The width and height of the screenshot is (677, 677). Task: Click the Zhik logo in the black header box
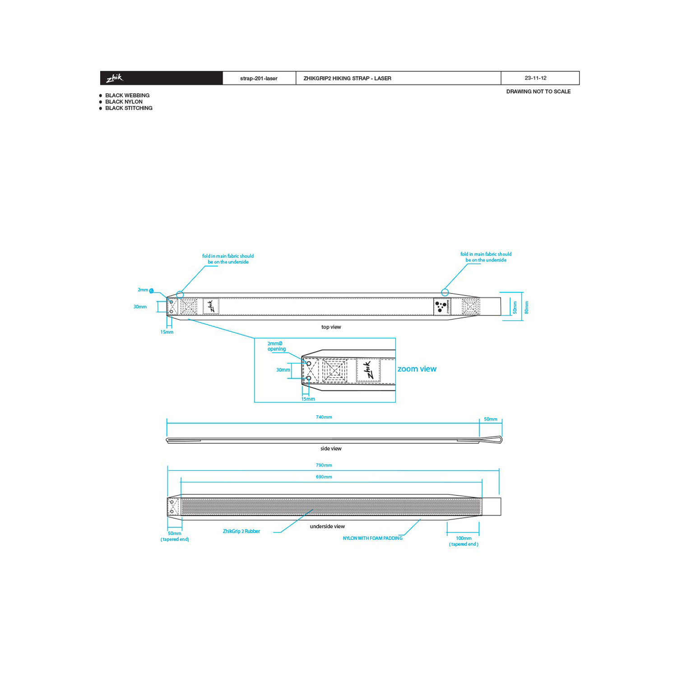(x=115, y=78)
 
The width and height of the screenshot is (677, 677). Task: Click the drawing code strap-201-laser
(x=259, y=79)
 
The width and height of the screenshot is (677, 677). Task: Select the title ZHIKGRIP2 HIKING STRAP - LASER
(x=347, y=79)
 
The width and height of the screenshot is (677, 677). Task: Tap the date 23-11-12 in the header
(x=535, y=78)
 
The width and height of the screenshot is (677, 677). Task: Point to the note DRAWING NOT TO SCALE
(x=538, y=92)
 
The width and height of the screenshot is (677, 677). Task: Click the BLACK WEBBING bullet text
(x=127, y=96)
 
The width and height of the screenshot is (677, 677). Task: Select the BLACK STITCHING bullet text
(x=129, y=108)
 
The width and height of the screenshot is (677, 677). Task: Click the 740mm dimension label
(x=324, y=417)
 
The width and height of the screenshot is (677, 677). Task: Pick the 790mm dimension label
(x=324, y=465)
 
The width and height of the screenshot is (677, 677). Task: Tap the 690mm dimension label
(x=324, y=477)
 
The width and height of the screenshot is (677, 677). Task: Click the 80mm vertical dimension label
(x=527, y=308)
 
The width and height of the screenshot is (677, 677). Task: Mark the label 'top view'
(x=331, y=327)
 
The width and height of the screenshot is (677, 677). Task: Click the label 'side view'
(x=331, y=449)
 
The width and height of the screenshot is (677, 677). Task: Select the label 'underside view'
(x=327, y=527)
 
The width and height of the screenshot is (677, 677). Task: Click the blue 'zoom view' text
(x=417, y=369)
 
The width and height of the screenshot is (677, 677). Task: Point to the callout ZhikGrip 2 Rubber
(x=241, y=532)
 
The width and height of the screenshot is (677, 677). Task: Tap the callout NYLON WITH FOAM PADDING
(x=373, y=538)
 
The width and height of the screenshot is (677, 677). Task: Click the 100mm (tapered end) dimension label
(x=464, y=541)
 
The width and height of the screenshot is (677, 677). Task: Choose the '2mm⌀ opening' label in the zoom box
(x=276, y=347)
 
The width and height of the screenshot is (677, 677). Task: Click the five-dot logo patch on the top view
(x=442, y=306)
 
